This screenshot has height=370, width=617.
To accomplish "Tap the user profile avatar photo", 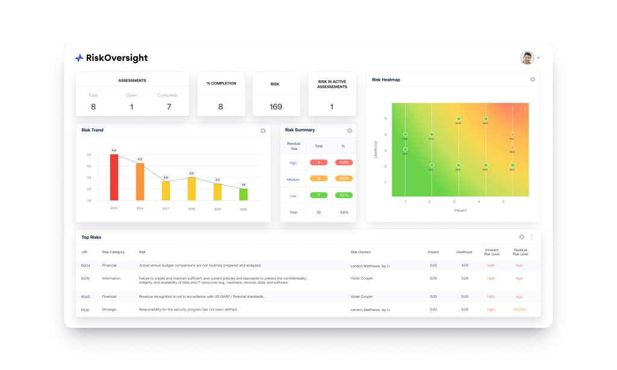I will click(x=527, y=58).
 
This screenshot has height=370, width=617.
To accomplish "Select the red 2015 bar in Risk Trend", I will click(x=114, y=177).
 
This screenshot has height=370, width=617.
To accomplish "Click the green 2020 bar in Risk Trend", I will click(x=243, y=194).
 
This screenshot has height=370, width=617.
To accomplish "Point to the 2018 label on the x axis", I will click(x=192, y=208).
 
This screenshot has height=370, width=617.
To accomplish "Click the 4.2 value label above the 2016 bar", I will click(x=140, y=159).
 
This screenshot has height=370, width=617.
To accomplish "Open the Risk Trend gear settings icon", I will click(x=263, y=131).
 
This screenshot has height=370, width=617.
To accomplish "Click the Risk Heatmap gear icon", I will click(x=532, y=80).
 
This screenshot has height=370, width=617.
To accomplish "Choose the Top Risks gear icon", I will click(x=522, y=237).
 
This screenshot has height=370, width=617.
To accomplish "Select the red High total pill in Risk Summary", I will click(x=319, y=162).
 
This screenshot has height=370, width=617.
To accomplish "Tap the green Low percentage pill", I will click(x=344, y=195).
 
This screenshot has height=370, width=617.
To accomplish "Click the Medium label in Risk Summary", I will click(x=293, y=178).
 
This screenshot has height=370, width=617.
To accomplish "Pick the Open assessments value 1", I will click(x=131, y=107).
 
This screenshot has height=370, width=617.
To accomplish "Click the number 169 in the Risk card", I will click(x=276, y=107).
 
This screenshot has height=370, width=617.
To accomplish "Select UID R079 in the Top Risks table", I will click(x=86, y=278).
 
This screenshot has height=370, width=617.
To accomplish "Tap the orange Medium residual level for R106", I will click(x=519, y=310).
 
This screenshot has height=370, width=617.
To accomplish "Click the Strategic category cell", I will click(x=110, y=310).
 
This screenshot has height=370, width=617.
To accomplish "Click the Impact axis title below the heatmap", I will click(x=460, y=210).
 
